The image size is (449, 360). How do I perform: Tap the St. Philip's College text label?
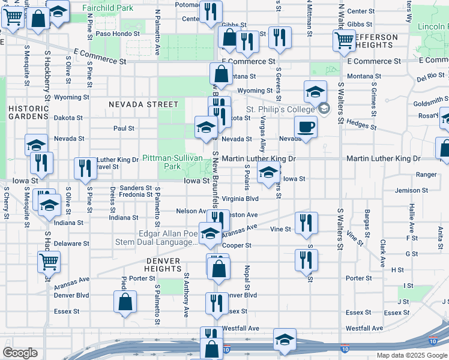pos(281,109)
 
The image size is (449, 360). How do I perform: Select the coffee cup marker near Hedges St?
pos(306,127)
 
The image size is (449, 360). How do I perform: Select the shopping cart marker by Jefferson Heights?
pos(344,40)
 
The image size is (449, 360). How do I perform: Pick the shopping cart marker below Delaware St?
pos(49,261)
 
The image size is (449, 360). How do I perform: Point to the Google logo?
pos(20,353)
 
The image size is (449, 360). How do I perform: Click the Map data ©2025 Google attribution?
pos(412,355)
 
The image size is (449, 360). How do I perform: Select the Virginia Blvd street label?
pos(240,198)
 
